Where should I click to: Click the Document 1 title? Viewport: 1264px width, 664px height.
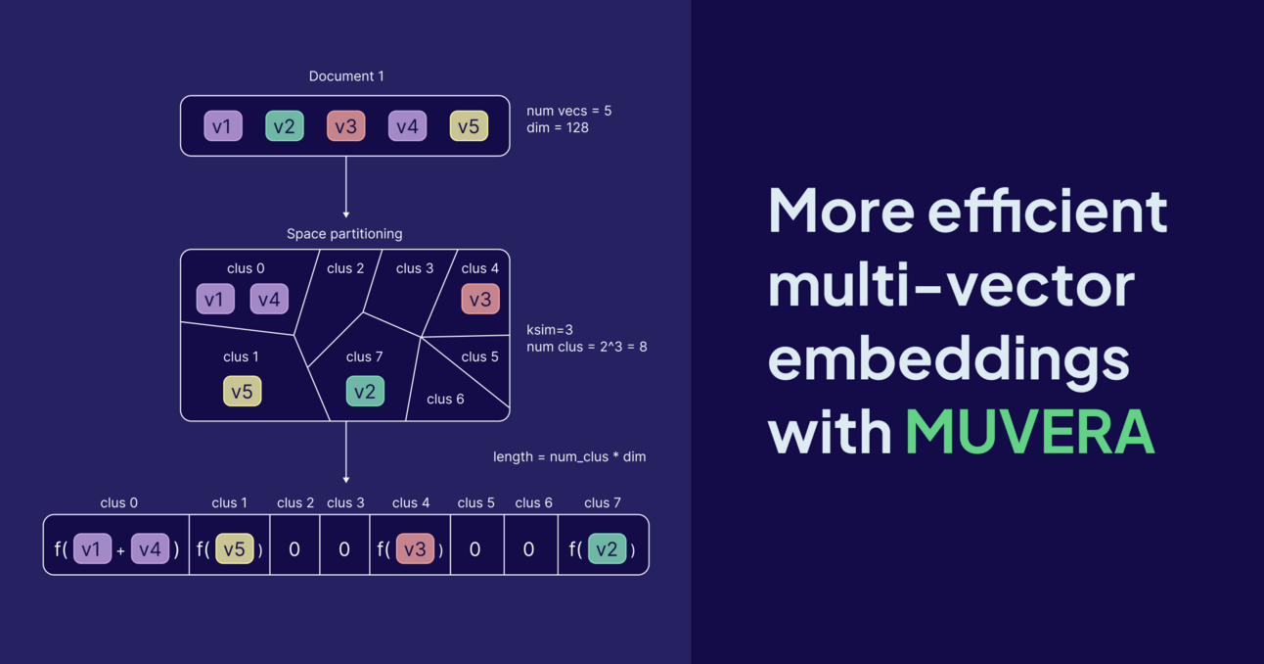[x=346, y=76]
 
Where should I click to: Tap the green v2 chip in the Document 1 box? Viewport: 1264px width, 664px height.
[x=285, y=126]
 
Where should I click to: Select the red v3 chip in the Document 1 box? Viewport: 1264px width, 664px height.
[x=345, y=126]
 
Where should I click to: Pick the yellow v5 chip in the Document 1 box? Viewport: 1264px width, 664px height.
[x=469, y=126]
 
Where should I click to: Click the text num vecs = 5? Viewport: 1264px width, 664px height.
[x=568, y=111]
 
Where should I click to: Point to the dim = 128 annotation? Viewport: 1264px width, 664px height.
[x=558, y=128]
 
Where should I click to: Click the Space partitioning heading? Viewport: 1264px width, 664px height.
[x=344, y=234]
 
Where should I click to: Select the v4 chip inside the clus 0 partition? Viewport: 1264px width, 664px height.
[x=269, y=299]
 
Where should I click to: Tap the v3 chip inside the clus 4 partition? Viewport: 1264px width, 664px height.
[x=480, y=299]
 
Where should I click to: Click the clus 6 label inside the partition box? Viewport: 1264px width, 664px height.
[x=445, y=400]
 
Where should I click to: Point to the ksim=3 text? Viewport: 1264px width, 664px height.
[x=550, y=330]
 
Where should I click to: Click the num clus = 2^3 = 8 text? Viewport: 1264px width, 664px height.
[x=587, y=347]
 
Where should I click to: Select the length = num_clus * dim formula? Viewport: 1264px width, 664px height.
[x=569, y=456]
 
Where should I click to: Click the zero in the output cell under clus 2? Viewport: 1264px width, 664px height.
[x=294, y=549]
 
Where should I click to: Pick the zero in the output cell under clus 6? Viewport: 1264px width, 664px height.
[x=529, y=549]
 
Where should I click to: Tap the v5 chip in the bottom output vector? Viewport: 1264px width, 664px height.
[x=234, y=549]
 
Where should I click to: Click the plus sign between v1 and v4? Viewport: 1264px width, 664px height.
[x=121, y=551]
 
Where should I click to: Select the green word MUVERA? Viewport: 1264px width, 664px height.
[x=1030, y=430]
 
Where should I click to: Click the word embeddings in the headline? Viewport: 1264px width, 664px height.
[x=948, y=358]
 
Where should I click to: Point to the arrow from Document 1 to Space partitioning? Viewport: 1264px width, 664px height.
[x=346, y=186]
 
